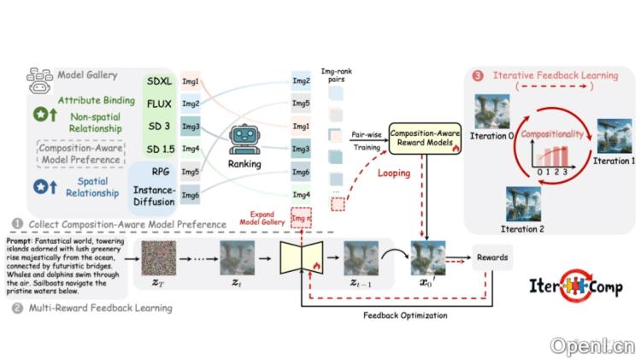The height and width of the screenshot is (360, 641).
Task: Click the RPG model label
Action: click(x=159, y=170)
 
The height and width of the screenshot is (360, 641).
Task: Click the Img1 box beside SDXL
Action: click(x=190, y=81)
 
